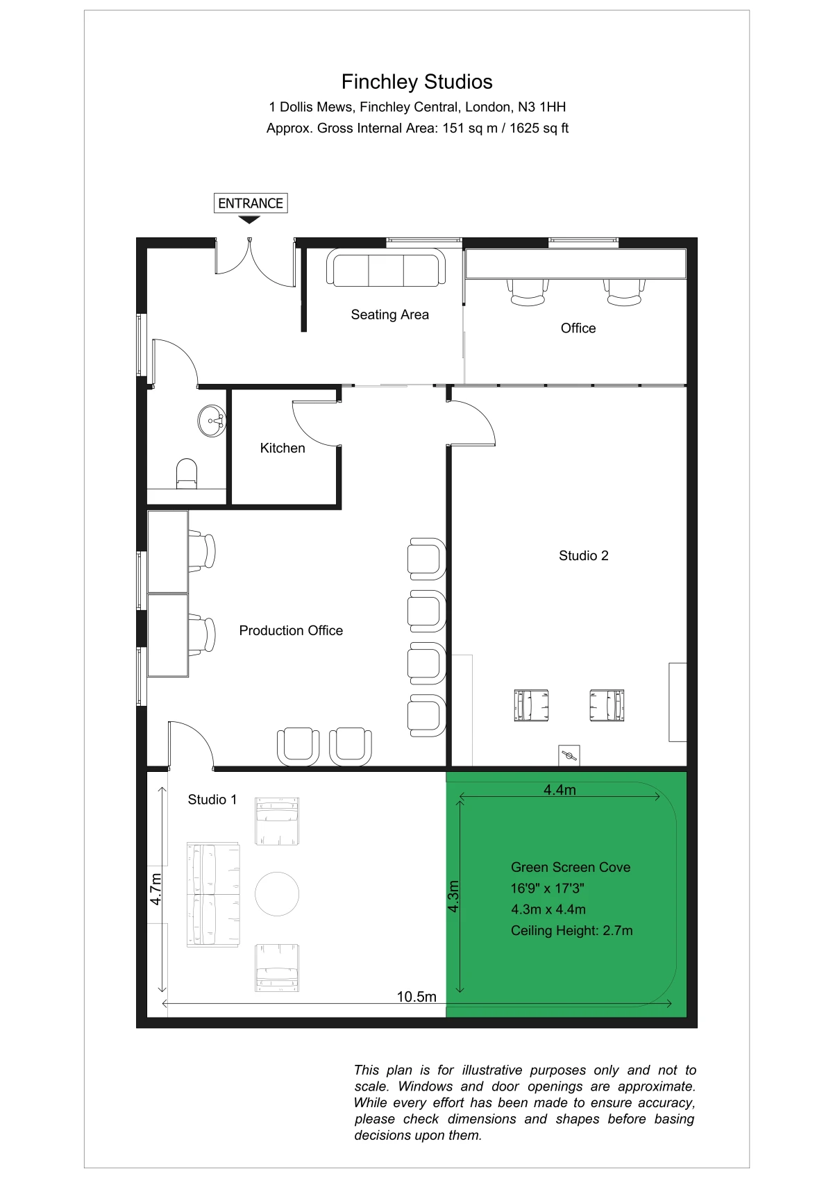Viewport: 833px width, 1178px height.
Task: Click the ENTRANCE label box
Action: pyautogui.click(x=251, y=203)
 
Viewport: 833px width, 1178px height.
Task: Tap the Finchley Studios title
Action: pyautogui.click(x=416, y=82)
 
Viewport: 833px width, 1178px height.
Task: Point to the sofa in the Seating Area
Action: pyautogui.click(x=386, y=267)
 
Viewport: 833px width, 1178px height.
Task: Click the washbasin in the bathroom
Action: pyautogui.click(x=212, y=421)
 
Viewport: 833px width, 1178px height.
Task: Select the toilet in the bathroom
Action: pyautogui.click(x=187, y=473)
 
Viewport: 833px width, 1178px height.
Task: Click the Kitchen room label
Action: pyautogui.click(x=283, y=448)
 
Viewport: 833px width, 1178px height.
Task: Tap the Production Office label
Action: pyautogui.click(x=291, y=630)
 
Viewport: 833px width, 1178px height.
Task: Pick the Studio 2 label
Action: pyautogui.click(x=583, y=556)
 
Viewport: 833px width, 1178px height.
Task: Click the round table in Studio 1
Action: pyautogui.click(x=277, y=894)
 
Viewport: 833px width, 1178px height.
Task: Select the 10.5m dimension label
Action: pyautogui.click(x=416, y=997)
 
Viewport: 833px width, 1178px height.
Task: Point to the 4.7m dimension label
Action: pyautogui.click(x=155, y=889)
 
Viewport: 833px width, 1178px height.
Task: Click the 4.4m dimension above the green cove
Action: pyautogui.click(x=559, y=790)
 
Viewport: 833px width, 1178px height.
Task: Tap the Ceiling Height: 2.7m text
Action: pyautogui.click(x=571, y=930)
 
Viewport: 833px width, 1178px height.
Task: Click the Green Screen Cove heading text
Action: pyautogui.click(x=571, y=867)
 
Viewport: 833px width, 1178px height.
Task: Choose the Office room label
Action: pyautogui.click(x=578, y=328)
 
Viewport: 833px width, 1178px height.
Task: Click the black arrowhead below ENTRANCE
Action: pyautogui.click(x=249, y=220)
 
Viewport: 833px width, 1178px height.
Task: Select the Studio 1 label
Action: pyautogui.click(x=212, y=800)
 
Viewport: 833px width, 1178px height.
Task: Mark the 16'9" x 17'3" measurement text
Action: pyautogui.click(x=548, y=889)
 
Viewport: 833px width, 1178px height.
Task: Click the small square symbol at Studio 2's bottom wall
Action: pyautogui.click(x=569, y=756)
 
